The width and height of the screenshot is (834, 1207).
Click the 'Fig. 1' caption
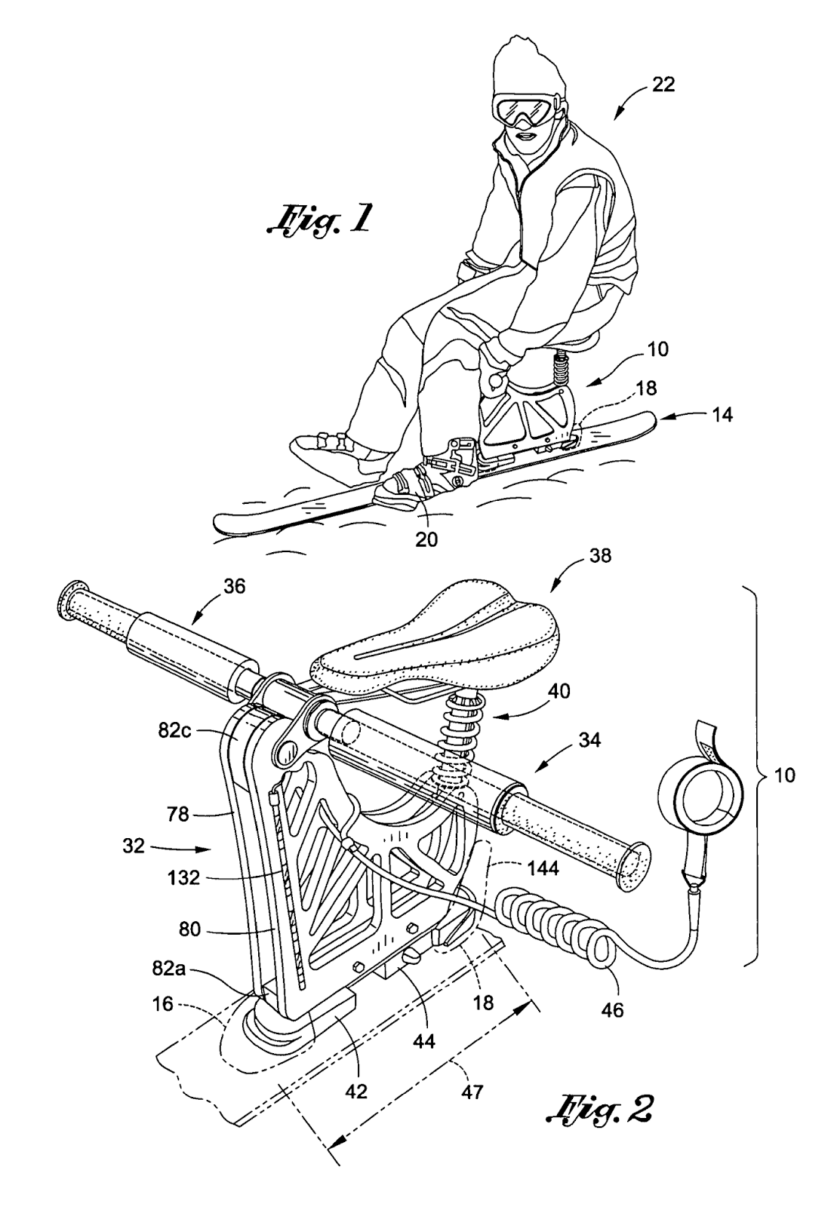click(319, 221)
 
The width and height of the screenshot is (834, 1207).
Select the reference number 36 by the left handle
click(234, 586)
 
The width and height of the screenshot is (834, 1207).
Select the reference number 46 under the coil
click(612, 1009)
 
